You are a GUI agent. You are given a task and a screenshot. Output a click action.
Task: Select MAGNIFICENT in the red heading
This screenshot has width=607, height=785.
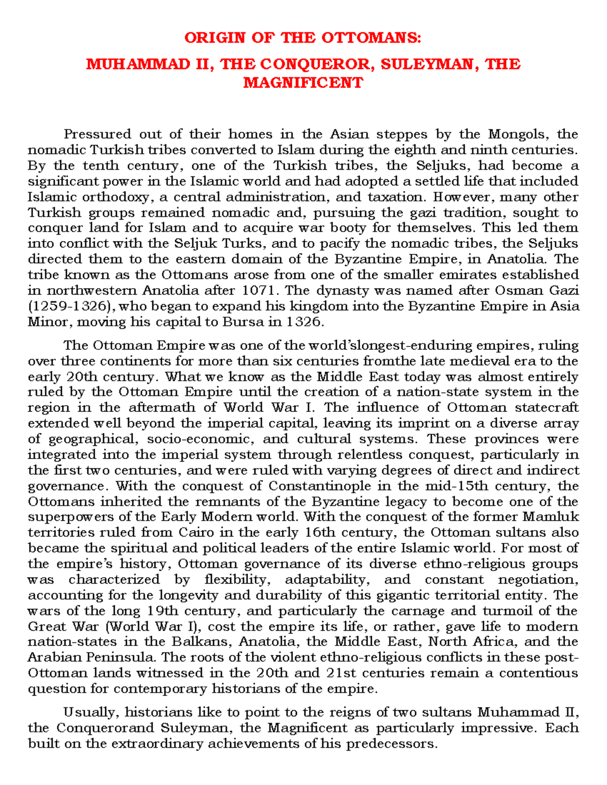coord(303,82)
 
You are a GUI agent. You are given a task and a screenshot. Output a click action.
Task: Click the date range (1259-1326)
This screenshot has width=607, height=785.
coord(71,306)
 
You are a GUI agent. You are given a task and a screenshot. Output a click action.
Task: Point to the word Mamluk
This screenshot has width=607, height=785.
coord(550,517)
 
